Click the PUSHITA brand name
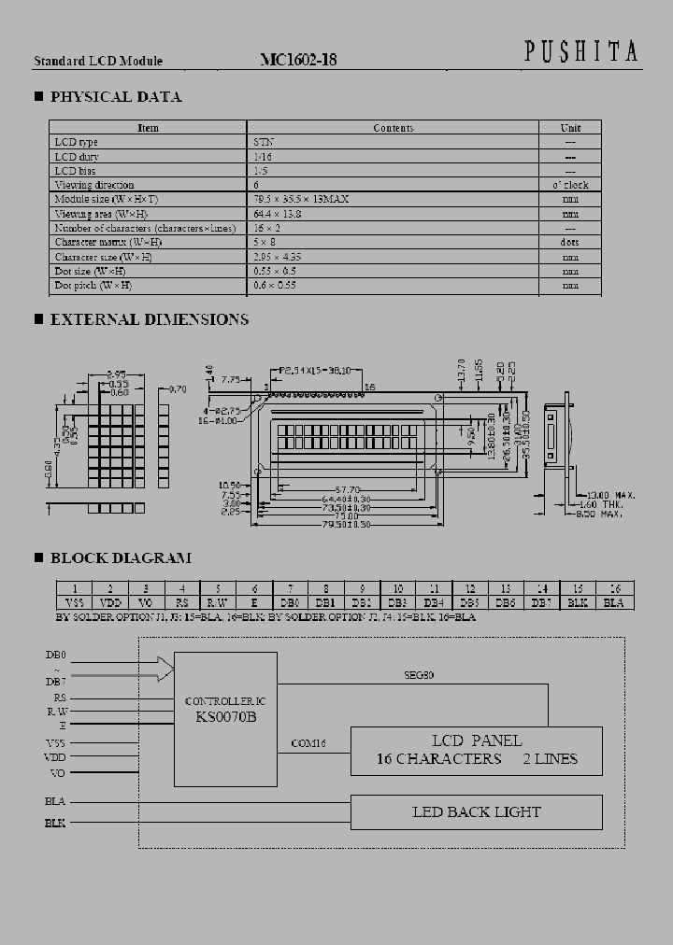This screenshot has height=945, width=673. tap(580, 53)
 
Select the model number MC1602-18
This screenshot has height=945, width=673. tap(298, 60)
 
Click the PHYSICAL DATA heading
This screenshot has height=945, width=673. tap(115, 97)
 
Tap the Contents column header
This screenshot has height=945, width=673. tap(393, 128)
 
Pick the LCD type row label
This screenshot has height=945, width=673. tap(77, 142)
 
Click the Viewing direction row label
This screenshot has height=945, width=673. tap(94, 185)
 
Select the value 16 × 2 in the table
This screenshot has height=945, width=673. tap(267, 228)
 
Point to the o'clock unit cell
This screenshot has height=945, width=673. tap(570, 185)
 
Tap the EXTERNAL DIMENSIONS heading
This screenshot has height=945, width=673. tap(149, 319)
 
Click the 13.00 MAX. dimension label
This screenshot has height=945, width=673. tap(611, 494)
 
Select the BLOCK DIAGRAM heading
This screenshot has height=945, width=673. tap(120, 558)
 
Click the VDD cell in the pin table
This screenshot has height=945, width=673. tap(110, 602)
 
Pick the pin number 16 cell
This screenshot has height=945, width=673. tap(614, 588)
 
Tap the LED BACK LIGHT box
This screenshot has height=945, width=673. tap(476, 811)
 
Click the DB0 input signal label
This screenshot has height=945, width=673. tap(55, 655)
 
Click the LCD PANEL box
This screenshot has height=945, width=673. tap(476, 750)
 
